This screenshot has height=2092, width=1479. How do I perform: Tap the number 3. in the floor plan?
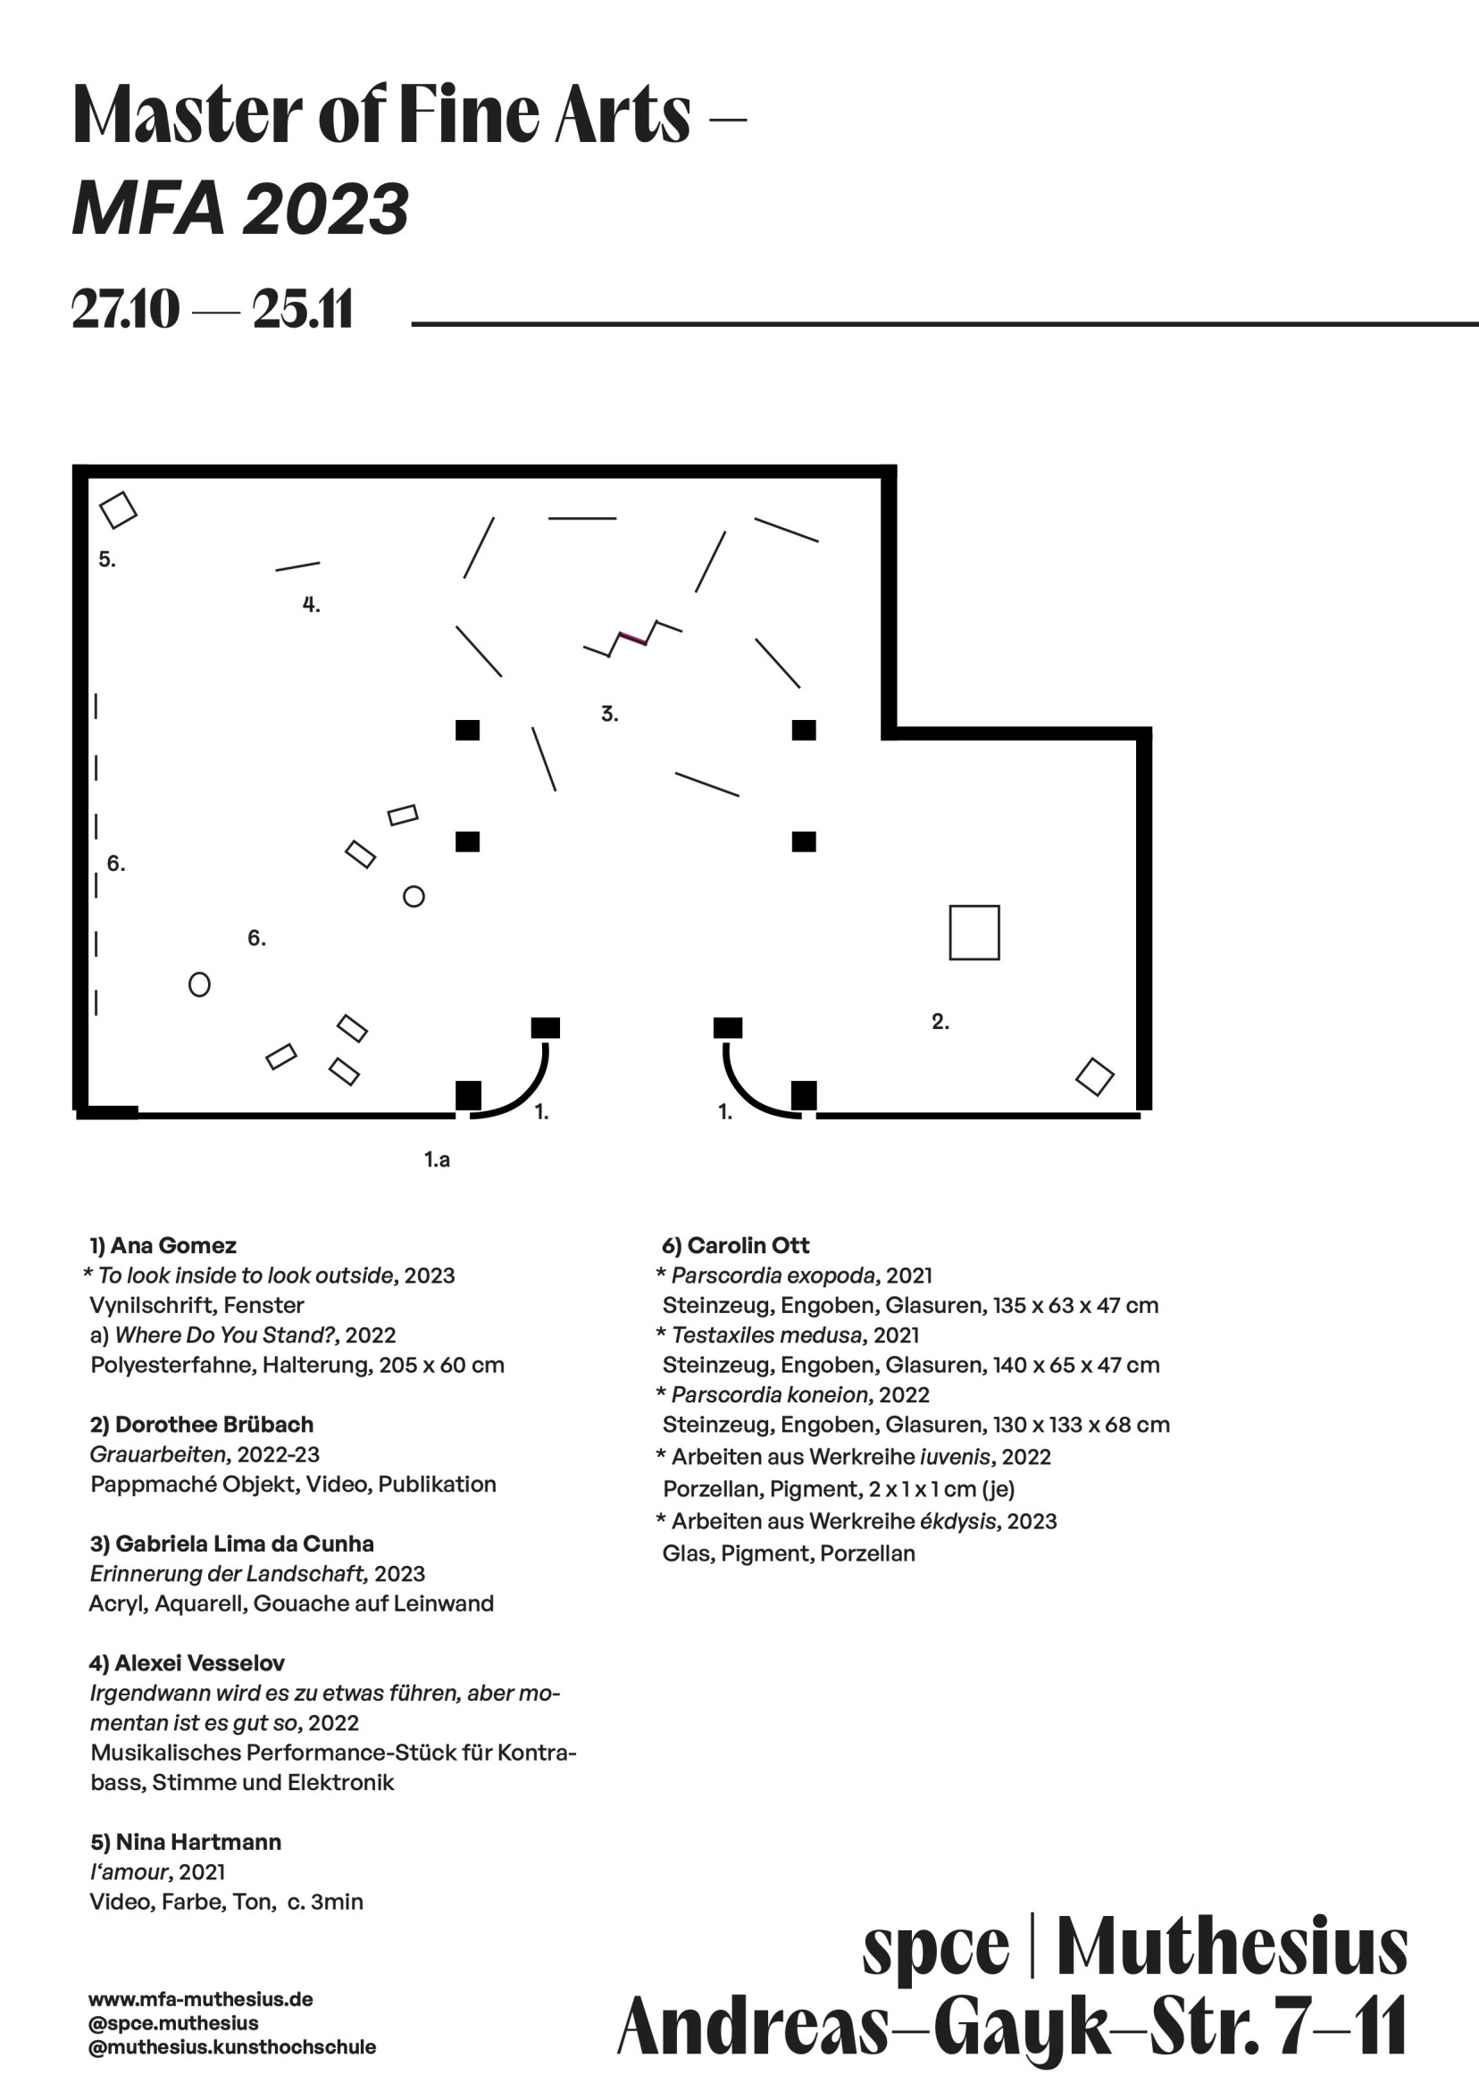[610, 714]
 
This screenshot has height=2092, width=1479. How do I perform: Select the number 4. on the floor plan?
[311, 604]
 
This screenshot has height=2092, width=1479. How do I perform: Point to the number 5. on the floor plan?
[106, 559]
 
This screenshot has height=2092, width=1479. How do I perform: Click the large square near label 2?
[974, 932]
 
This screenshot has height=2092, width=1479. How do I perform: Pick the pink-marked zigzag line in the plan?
[632, 639]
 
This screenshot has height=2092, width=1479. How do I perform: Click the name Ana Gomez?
[173, 1245]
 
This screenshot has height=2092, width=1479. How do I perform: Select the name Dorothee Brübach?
[214, 1424]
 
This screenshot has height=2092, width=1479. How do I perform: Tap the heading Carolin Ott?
[748, 1245]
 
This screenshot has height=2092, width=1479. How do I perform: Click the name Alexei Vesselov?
[198, 1663]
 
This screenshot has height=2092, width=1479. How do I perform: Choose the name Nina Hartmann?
[197, 1841]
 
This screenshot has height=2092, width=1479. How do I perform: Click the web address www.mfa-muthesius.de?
[200, 1999]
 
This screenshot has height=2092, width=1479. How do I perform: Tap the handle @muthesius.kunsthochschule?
[231, 2046]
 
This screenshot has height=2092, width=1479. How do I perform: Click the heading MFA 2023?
[240, 208]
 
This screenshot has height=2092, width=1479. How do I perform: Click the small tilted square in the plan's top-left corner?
[118, 510]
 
